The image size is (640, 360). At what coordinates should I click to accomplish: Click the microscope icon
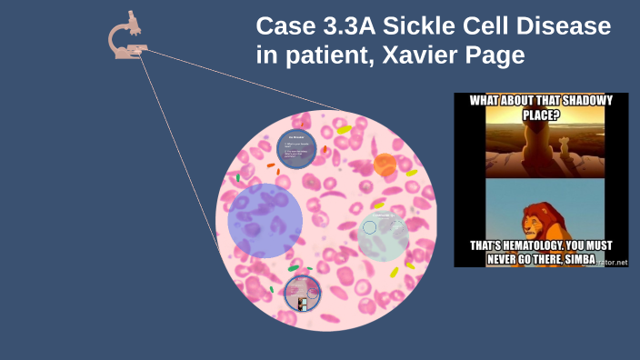127,37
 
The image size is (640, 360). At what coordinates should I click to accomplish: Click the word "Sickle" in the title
423,28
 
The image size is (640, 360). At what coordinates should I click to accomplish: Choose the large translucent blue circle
265,220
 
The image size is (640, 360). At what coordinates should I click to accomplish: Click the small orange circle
385,165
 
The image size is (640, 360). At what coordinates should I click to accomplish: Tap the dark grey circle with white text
296,148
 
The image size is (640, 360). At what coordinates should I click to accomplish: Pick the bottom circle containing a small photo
303,293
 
